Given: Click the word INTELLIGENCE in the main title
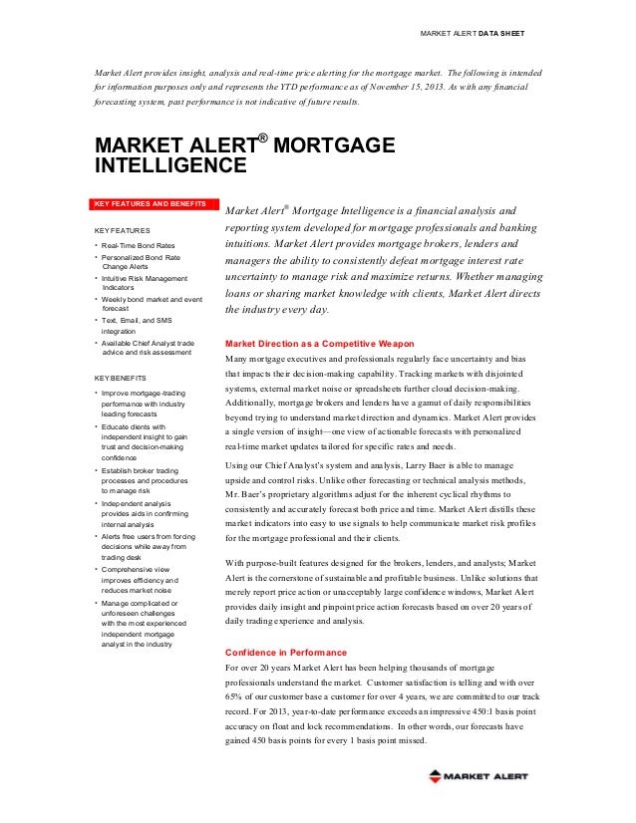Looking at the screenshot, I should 169,163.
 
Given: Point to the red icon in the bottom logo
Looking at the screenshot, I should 436,775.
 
